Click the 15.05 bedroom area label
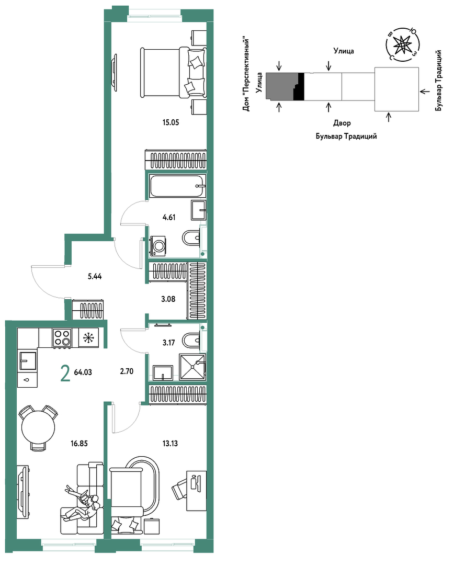tap(171, 122)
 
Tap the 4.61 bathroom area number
tap(169, 217)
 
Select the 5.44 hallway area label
tap(95, 276)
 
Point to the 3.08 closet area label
tap(168, 299)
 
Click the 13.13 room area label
tap(170, 444)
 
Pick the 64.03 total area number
tap(83, 372)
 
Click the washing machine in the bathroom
tap(158, 246)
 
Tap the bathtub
tap(178, 186)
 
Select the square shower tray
tap(193, 367)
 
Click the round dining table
tap(38, 428)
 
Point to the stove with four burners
tap(62, 338)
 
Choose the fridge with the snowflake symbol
tap(88, 337)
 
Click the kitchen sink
tap(28, 361)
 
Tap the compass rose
tap(402, 44)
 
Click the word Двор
tap(342, 123)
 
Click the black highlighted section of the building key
tap(299, 86)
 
